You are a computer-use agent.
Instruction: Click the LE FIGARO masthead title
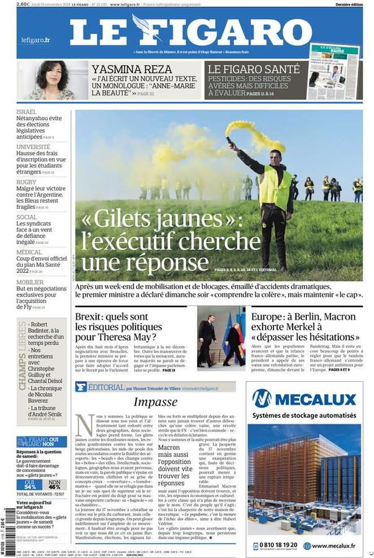click(x=190, y=31)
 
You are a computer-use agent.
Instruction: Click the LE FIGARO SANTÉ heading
click(x=254, y=69)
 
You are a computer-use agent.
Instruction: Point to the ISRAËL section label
click(x=27, y=112)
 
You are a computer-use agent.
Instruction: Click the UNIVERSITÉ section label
click(x=33, y=147)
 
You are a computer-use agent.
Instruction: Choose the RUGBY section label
click(x=26, y=182)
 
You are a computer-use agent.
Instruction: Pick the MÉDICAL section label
click(x=29, y=252)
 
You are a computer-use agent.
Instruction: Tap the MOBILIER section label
click(x=30, y=282)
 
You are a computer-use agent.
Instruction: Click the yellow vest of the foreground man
click(x=275, y=188)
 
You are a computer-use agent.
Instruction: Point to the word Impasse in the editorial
click(x=156, y=402)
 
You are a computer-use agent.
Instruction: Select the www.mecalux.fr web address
click(x=333, y=546)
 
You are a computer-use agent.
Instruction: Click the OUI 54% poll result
click(x=30, y=484)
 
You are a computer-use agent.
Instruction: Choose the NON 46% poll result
click(x=54, y=484)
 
